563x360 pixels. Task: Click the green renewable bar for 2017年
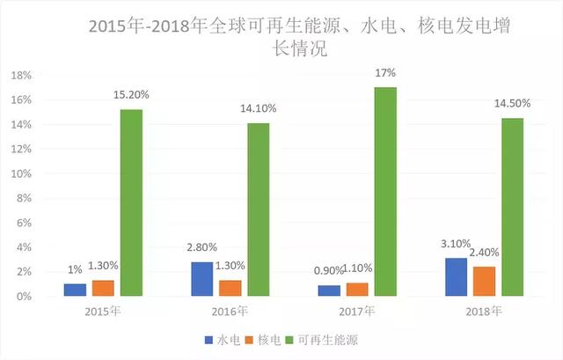pos(384,192)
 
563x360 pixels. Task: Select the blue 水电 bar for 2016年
pos(202,279)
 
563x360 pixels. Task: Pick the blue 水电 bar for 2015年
pos(75,290)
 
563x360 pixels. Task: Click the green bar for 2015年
pos(131,202)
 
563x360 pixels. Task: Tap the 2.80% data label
pos(201,248)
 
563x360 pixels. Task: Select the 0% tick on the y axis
pos(24,297)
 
